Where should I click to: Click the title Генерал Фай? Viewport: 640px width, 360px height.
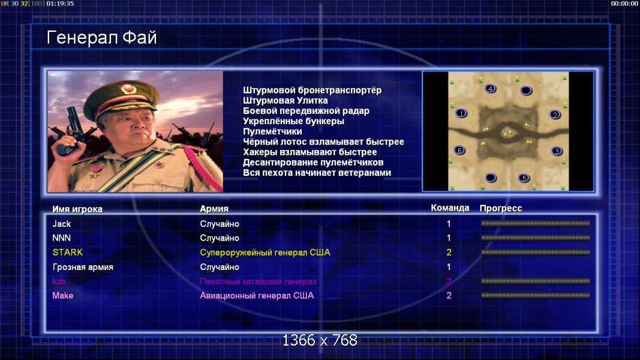(101, 38)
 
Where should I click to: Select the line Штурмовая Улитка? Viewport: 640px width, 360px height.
(286, 100)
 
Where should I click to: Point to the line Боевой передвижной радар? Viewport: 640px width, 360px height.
(306, 111)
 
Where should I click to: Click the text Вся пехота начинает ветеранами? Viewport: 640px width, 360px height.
(317, 173)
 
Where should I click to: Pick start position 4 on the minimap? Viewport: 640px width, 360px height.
(490, 89)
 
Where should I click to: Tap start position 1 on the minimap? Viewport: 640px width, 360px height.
(461, 113)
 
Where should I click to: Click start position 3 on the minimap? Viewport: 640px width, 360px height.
(557, 151)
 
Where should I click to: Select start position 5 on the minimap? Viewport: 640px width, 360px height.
(524, 178)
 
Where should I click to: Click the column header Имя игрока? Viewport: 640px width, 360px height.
(77, 209)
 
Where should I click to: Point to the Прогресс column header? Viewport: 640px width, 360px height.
(501, 208)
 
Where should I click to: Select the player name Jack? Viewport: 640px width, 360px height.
(62, 224)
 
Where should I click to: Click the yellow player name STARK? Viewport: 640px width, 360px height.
(68, 252)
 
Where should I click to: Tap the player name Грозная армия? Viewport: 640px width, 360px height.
(83, 267)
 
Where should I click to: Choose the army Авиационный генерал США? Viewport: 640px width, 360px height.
(257, 296)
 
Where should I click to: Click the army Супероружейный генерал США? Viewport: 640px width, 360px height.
(265, 253)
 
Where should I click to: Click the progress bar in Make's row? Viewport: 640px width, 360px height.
(535, 296)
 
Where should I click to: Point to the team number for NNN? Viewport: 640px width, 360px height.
(449, 238)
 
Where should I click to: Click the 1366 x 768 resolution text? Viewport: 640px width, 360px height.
(320, 340)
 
